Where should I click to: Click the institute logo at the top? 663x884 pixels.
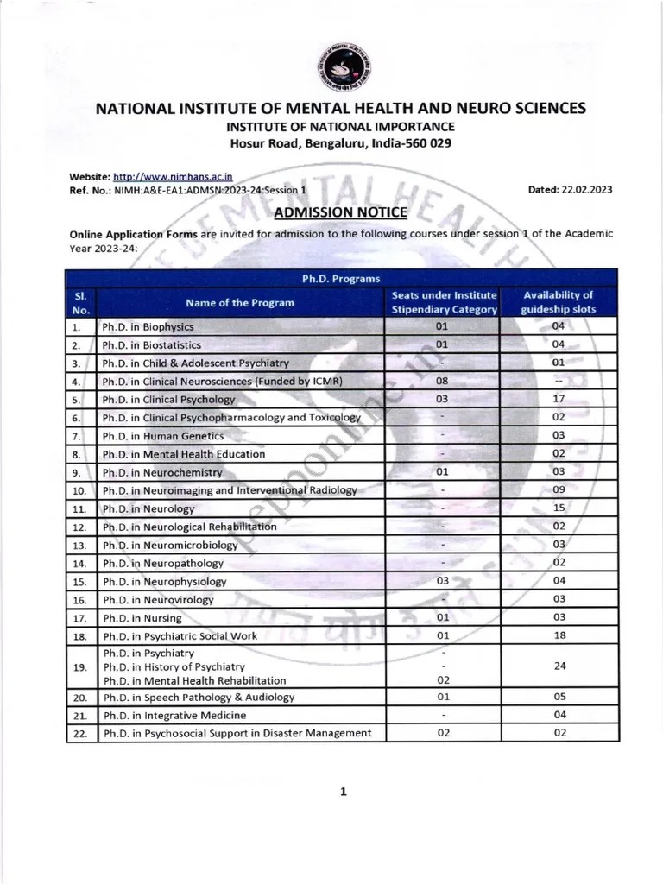[340, 67]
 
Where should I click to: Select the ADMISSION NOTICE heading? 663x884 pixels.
[339, 212]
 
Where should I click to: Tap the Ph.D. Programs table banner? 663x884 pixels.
[340, 278]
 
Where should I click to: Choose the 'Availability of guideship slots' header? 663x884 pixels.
[559, 302]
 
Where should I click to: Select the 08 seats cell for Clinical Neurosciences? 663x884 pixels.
[442, 381]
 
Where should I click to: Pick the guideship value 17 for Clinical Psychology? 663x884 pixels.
[559, 399]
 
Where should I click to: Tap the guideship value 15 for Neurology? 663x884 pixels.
[559, 508]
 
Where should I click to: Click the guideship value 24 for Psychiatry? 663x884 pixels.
[559, 666]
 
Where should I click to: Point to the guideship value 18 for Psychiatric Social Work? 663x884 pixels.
[559, 635]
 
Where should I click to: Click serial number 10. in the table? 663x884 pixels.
[78, 490]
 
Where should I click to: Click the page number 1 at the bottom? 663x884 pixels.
[343, 791]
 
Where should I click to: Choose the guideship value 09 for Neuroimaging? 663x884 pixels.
[559, 489]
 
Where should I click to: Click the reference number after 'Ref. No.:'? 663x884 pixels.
[211, 190]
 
